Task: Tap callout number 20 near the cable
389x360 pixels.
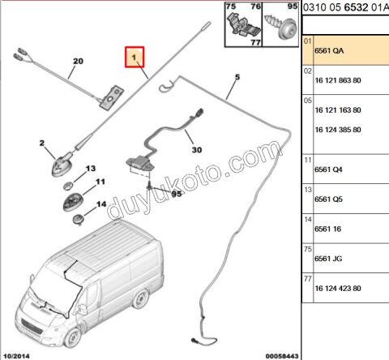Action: [79, 62]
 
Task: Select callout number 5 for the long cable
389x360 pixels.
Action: [237, 78]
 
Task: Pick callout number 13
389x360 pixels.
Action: [91, 167]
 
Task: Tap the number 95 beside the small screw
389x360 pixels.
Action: [177, 195]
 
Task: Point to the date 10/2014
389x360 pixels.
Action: [15, 354]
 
